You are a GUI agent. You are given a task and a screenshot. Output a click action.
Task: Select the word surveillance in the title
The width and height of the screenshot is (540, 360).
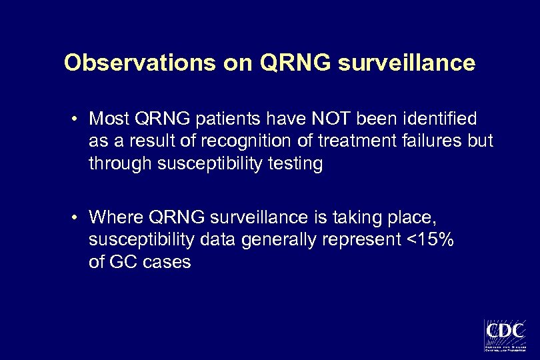407,63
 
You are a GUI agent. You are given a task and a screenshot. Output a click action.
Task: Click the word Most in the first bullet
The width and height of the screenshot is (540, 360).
109,119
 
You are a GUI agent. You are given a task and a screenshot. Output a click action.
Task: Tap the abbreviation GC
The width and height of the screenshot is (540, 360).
121,263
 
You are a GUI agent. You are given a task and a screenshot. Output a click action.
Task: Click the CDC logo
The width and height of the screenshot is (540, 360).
505,334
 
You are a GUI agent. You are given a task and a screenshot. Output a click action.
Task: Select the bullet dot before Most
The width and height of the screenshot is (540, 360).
78,120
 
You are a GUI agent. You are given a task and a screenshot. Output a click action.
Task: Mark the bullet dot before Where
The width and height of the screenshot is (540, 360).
78,218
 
